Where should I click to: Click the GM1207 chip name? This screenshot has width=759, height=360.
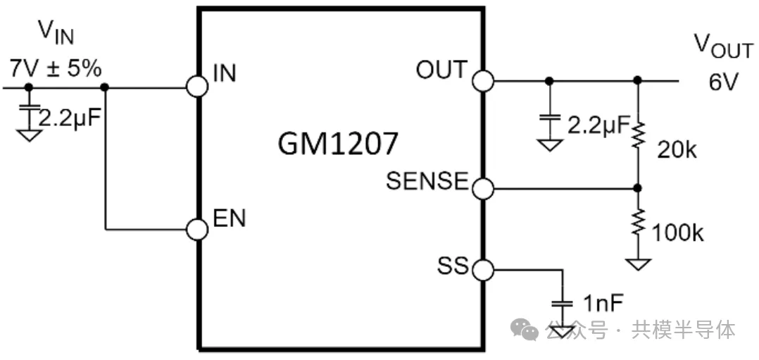[x=338, y=144]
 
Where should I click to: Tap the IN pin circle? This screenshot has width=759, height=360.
[x=197, y=87]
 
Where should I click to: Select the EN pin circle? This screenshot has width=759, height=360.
[x=197, y=229]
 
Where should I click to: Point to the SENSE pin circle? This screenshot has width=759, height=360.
[x=482, y=188]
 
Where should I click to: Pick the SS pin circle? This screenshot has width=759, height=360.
[x=482, y=269]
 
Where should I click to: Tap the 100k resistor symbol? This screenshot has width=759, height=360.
[x=637, y=223]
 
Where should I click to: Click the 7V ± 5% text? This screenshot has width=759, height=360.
[x=55, y=69]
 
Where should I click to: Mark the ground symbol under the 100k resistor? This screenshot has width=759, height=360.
[x=637, y=264]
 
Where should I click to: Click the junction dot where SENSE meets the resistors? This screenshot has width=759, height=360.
[x=637, y=188]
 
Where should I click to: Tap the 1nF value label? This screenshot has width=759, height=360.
[x=603, y=304]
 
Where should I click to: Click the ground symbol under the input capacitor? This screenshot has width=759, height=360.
[x=28, y=134]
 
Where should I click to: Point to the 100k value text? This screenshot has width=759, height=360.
[x=678, y=233]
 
